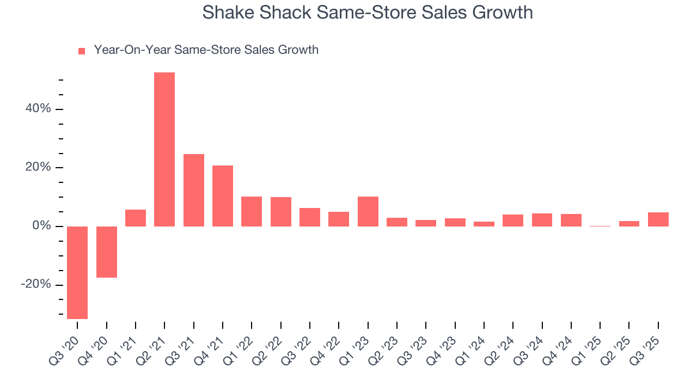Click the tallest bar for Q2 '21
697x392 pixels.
[164, 149]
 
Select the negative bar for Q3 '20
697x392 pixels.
[77, 272]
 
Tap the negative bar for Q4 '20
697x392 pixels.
[107, 252]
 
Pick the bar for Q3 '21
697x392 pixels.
[194, 190]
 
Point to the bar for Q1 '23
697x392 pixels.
[368, 211]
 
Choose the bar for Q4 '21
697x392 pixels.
[223, 195]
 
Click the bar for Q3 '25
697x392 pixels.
[658, 219]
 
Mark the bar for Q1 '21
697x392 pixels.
[136, 218]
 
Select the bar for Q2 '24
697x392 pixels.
[513, 220]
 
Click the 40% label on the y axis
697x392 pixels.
[38, 109]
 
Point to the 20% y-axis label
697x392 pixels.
[38, 167]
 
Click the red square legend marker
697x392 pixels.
[82, 51]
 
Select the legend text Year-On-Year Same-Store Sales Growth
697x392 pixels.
[206, 50]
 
